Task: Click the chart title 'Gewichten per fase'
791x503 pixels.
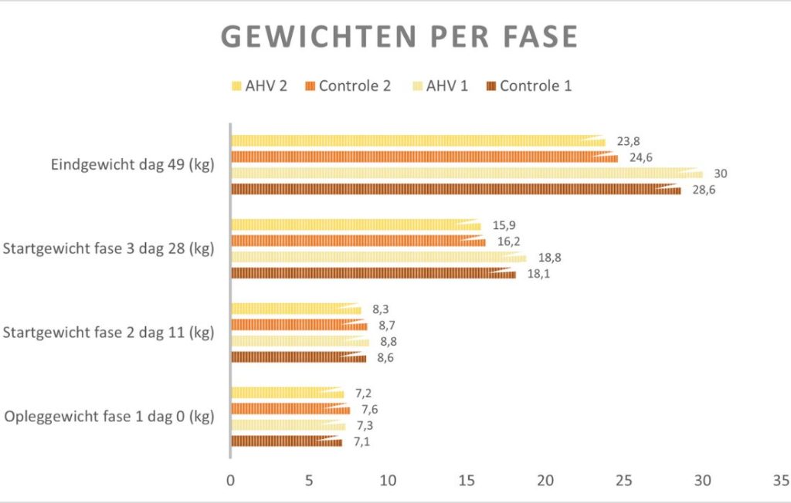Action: [399, 37]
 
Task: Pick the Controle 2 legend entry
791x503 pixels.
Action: [347, 86]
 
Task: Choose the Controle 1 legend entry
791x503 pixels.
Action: [528, 86]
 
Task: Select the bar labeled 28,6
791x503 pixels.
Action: [456, 190]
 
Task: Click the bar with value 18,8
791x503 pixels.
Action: [379, 258]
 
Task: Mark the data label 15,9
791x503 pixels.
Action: [504, 225]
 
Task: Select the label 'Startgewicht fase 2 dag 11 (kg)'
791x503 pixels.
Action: [109, 333]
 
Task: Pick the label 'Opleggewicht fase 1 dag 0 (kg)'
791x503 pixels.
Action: [110, 417]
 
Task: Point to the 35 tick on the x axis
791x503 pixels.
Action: [780, 480]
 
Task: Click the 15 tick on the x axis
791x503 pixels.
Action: [466, 480]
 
